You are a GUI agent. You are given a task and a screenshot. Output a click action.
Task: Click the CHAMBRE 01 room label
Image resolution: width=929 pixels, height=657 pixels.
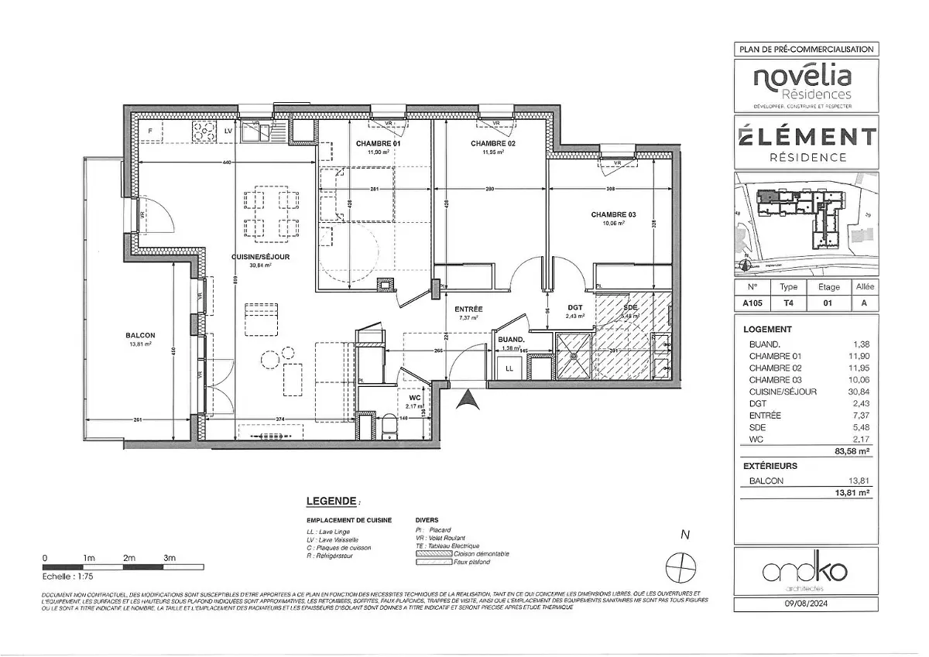coord(379,144)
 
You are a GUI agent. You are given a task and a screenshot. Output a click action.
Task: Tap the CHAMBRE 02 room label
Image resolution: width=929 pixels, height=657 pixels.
coord(493,144)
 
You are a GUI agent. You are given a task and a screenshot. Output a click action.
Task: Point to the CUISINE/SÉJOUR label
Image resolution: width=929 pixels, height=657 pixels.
coord(260,257)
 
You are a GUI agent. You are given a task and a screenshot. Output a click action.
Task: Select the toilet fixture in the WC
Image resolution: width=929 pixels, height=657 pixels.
coord(389,426)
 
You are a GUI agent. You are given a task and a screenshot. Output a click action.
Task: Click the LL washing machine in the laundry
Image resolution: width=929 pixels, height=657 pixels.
coord(509,369)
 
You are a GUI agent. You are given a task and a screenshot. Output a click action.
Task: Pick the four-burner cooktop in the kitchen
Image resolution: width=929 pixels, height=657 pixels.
coord(204,133)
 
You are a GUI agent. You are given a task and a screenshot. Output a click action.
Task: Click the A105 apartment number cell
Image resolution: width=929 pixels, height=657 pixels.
coord(750,304)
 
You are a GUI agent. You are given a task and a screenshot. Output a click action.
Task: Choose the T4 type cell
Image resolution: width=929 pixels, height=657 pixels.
coord(788,304)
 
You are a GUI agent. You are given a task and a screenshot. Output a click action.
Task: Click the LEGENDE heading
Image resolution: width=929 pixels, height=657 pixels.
coord(332,501)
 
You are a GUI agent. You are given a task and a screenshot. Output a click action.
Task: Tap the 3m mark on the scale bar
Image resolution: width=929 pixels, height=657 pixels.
coord(170,558)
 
